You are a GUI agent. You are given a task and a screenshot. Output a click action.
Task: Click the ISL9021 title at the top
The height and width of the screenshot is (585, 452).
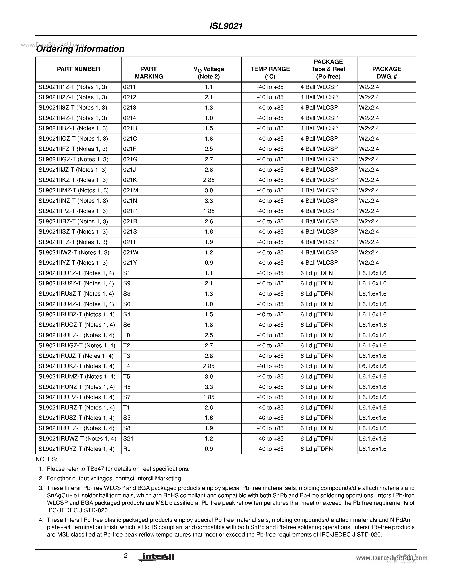[x=226, y=26]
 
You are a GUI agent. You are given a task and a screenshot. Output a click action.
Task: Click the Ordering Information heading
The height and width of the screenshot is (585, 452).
[x=80, y=49]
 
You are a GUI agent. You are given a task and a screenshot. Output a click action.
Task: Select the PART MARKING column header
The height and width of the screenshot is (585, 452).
[x=149, y=73]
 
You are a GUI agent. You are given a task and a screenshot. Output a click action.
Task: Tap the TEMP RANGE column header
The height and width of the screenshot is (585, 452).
[x=270, y=73]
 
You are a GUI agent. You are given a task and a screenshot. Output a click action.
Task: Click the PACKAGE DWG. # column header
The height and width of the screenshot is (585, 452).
[x=386, y=73]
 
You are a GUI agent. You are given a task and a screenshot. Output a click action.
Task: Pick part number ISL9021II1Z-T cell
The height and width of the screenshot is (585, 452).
[x=72, y=87]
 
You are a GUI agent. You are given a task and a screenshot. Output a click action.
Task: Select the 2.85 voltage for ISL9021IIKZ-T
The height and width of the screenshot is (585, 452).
[x=209, y=180]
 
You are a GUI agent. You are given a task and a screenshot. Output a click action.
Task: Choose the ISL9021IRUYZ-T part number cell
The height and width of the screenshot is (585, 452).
[x=76, y=449]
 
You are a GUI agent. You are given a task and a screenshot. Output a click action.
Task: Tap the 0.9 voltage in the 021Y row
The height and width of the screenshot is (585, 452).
[x=209, y=263]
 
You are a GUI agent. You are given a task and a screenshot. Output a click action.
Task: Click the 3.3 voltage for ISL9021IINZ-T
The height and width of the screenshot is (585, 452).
[x=209, y=201]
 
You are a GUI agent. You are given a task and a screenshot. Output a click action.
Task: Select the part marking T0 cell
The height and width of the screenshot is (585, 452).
[x=126, y=335]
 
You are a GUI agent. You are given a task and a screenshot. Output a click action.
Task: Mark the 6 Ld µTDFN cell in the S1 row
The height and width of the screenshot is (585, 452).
[x=316, y=273]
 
